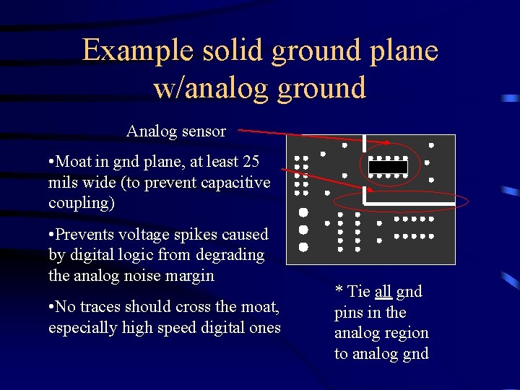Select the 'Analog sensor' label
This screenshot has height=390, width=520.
[x=176, y=131]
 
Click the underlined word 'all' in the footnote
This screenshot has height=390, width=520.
[x=383, y=292]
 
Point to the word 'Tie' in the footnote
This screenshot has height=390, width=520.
[x=358, y=292]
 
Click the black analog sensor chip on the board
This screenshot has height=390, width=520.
[x=388, y=167]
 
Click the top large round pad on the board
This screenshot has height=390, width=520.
[x=303, y=212]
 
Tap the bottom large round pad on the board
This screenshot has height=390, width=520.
[x=303, y=247]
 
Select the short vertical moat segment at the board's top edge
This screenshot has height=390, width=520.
[x=365, y=143]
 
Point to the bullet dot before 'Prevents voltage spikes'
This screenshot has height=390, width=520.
[x=51, y=235]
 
